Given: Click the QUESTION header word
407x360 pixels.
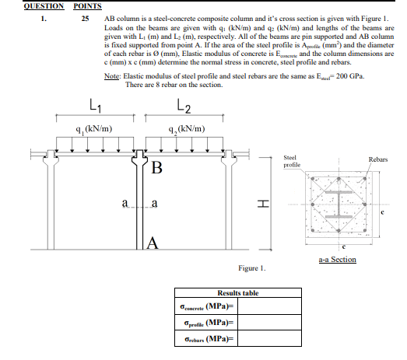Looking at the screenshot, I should [x=23, y=5].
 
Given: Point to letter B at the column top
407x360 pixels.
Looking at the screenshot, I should [x=158, y=169].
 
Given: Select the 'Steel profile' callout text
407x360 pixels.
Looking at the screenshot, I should [x=292, y=161].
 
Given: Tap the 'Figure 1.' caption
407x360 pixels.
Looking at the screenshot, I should [x=253, y=268].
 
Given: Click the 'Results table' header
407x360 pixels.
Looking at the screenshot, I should [x=237, y=293].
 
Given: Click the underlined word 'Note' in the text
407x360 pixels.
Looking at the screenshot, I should [x=113, y=75].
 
